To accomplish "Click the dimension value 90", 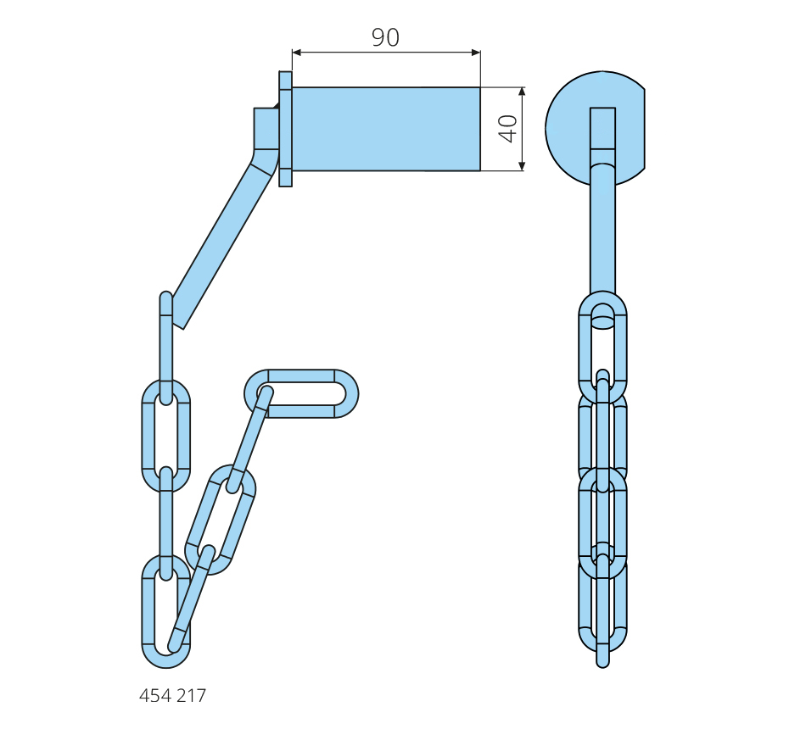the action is (x=385, y=37).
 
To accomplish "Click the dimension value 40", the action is (x=508, y=129).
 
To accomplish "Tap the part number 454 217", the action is (x=172, y=696).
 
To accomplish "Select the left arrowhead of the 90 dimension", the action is (x=297, y=52).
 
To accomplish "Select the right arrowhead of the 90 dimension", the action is (x=476, y=52).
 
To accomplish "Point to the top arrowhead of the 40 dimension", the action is (x=523, y=92).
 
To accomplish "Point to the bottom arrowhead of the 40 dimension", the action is (x=523, y=166).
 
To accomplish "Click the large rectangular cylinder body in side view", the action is (x=386, y=129).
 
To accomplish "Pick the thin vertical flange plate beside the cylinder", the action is (x=285, y=129).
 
